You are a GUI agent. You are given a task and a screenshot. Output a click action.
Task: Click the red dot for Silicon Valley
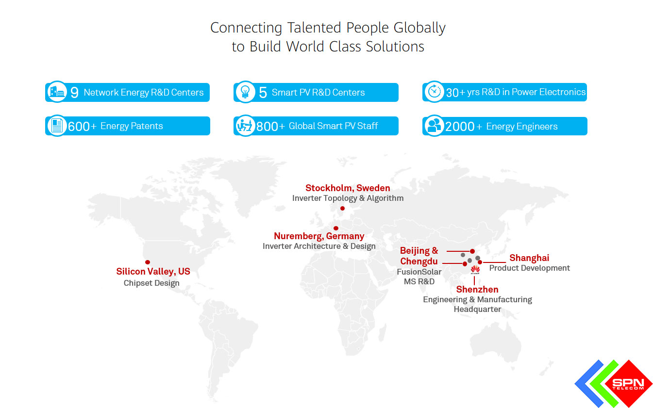coord(148,262)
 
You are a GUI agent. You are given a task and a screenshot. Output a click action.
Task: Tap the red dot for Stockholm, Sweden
coord(342,209)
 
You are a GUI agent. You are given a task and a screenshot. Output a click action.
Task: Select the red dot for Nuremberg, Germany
coord(335,228)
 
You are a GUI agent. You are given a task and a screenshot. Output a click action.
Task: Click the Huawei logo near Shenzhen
coord(475,269)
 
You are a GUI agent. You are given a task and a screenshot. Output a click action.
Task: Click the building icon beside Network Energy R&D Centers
coord(57,92)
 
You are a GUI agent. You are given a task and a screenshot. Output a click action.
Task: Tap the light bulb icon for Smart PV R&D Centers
coord(245,92)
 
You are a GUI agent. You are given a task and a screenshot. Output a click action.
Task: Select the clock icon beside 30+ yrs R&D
coord(433,92)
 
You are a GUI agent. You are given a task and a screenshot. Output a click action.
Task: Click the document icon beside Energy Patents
coord(57,126)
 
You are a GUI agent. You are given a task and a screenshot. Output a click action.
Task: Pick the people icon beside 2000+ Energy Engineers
coord(433,126)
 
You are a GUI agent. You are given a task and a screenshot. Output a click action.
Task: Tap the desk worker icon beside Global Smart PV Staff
coord(245,126)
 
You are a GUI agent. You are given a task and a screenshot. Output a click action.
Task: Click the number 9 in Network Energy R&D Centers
coord(74,92)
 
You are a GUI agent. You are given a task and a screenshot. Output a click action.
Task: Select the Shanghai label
coord(529,258)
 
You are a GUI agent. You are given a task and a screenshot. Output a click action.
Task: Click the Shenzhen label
coord(477,290)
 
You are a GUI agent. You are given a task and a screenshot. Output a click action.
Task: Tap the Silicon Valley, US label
coord(153,272)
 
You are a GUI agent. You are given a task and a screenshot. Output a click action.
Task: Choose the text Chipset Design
coord(151,283)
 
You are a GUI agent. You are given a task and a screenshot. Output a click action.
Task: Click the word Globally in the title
coord(419,28)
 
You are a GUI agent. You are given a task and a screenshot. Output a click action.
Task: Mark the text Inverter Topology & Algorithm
coord(348,198)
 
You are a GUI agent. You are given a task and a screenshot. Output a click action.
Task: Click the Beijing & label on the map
coord(419,251)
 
